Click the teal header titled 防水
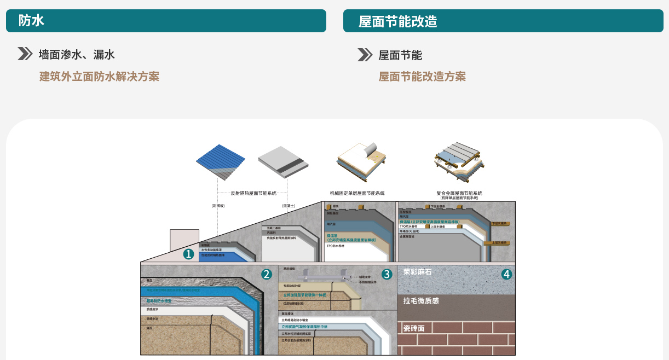(166, 21)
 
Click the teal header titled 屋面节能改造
(503, 21)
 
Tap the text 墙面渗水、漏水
(77, 55)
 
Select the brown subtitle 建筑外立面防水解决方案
(99, 77)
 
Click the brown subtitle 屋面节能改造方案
(422, 77)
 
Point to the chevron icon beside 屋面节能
(365, 55)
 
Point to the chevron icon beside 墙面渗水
(25, 54)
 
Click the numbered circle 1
(189, 254)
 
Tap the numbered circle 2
(267, 274)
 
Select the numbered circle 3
(387, 274)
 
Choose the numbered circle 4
(506, 274)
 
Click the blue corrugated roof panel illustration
(222, 162)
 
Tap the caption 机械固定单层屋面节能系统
(357, 193)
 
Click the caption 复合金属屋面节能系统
(459, 193)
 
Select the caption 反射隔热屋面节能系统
(253, 193)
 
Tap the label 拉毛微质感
(421, 301)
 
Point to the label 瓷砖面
(414, 328)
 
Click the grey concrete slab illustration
(283, 162)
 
